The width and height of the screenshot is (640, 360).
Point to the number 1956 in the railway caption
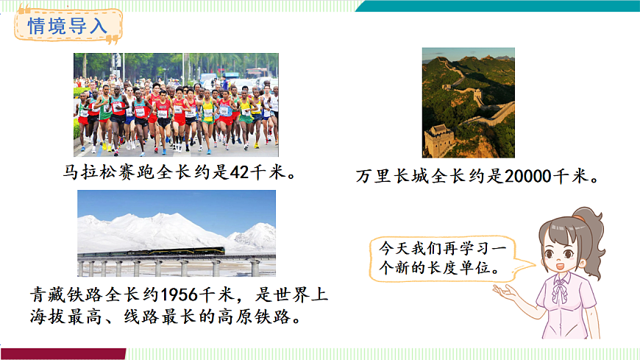(179, 294)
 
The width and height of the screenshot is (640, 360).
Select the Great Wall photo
(468, 102)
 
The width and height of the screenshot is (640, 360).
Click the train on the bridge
(181, 252)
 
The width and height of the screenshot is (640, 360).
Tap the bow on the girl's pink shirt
(561, 292)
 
